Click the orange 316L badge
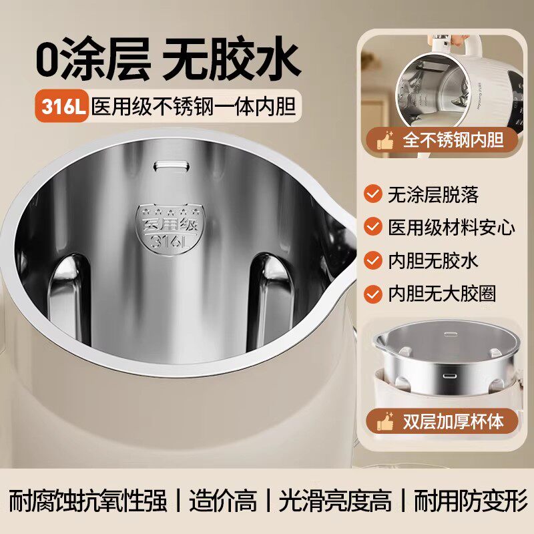[63, 105]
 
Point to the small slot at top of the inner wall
[167, 164]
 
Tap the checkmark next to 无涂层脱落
[372, 194]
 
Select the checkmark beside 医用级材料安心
[372, 227]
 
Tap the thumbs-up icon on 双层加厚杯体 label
[385, 422]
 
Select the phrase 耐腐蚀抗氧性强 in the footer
[87, 500]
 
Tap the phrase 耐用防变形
[471, 500]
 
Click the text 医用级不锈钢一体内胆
[194, 106]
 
